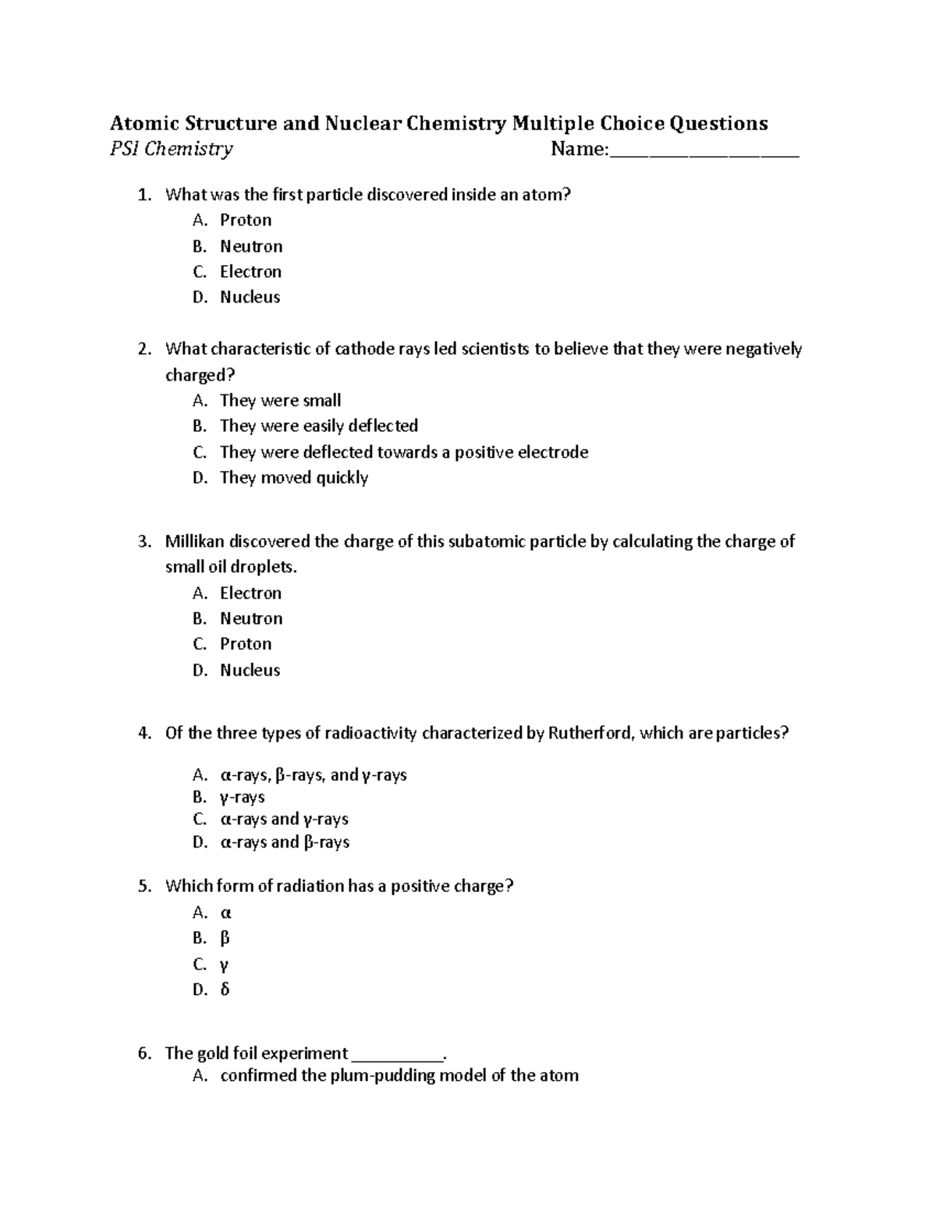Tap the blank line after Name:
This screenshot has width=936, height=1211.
click(x=704, y=151)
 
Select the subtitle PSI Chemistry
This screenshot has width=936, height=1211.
click(x=171, y=149)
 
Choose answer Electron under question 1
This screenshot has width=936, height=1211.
click(x=250, y=271)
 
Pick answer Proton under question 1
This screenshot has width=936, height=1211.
click(x=246, y=220)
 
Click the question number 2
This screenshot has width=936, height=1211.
click(x=144, y=349)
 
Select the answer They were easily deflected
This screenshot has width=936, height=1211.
click(x=318, y=426)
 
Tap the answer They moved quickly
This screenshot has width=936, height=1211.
click(x=293, y=477)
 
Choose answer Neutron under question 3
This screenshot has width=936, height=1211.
click(x=251, y=618)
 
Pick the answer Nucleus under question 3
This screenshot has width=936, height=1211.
click(x=250, y=670)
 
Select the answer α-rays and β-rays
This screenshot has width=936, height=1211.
click(x=285, y=842)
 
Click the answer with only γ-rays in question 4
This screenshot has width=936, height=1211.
click(x=243, y=797)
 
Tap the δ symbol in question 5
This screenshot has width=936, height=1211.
click(x=225, y=990)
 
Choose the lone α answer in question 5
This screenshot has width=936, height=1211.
click(x=226, y=912)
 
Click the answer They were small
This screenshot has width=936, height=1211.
click(x=280, y=400)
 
